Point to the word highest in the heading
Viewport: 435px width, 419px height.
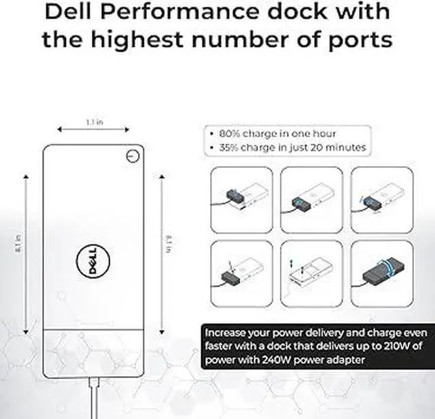coord(155,39)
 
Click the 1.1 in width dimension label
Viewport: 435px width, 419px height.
coord(94,122)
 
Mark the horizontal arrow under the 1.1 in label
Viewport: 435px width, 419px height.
coord(94,130)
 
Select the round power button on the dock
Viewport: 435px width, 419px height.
coord(133,156)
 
